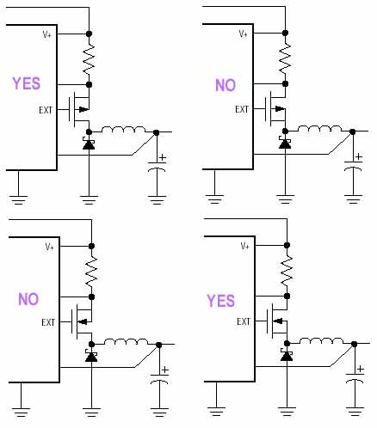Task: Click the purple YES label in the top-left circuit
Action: click(26, 83)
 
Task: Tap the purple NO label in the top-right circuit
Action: click(226, 85)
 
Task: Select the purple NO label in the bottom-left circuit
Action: click(28, 299)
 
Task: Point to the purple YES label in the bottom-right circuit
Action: click(221, 301)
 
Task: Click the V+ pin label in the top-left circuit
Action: click(47, 34)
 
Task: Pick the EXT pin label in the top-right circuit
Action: click(242, 109)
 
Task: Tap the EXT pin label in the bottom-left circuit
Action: click(48, 322)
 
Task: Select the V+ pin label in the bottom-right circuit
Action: click(245, 246)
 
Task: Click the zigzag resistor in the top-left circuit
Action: click(89, 59)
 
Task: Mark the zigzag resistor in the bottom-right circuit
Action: click(287, 271)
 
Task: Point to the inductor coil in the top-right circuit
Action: click(319, 128)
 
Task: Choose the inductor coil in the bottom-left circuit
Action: click(126, 341)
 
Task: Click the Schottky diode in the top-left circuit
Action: click(89, 144)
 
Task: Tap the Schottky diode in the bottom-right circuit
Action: click(287, 355)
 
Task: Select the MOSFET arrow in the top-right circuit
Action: click(280, 108)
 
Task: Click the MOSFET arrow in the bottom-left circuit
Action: click(83, 321)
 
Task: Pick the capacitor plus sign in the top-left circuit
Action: click(163, 157)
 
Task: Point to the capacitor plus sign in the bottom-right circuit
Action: click(361, 370)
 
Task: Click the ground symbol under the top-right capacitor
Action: click(353, 199)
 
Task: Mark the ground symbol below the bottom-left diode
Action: click(91, 412)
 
